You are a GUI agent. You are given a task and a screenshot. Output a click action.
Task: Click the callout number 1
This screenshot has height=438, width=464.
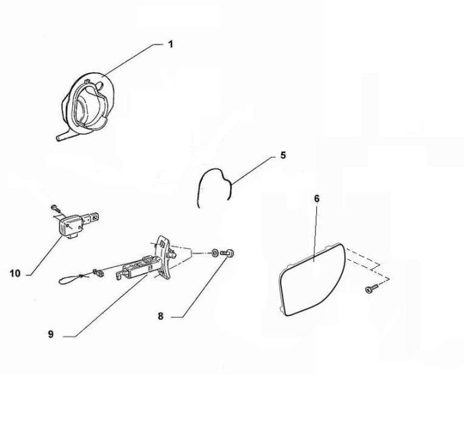pos(170,44)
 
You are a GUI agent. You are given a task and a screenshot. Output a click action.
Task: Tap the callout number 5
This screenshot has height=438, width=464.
pos(283,155)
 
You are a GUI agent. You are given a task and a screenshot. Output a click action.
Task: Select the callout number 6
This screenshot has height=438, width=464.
pos(316,199)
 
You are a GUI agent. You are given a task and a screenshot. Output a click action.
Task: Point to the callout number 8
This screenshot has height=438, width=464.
pos(161,317)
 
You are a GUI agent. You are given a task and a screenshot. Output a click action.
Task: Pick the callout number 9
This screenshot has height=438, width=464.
pos(51,334)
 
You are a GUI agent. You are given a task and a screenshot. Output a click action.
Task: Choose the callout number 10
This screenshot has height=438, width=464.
pos(15,274)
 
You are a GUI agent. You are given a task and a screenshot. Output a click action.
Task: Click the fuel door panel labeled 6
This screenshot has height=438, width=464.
pos(312,280)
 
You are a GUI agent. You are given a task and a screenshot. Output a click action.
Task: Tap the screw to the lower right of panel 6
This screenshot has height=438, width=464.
pos(372,288)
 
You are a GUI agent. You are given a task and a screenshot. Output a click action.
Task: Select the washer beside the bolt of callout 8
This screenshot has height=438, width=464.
pos(214,253)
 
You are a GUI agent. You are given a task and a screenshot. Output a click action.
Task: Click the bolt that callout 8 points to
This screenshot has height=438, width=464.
pos(227,253)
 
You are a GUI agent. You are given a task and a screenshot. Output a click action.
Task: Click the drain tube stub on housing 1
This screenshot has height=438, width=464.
pos(62,137)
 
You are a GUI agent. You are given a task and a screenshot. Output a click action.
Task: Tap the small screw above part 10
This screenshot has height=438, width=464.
pos(55,208)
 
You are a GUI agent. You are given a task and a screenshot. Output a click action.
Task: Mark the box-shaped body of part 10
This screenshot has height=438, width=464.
pos(70,226)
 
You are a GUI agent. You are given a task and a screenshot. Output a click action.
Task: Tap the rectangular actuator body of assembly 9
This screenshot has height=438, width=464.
pos(139,267)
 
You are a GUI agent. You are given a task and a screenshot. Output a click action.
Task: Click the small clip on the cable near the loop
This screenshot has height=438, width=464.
pos(99,273)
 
